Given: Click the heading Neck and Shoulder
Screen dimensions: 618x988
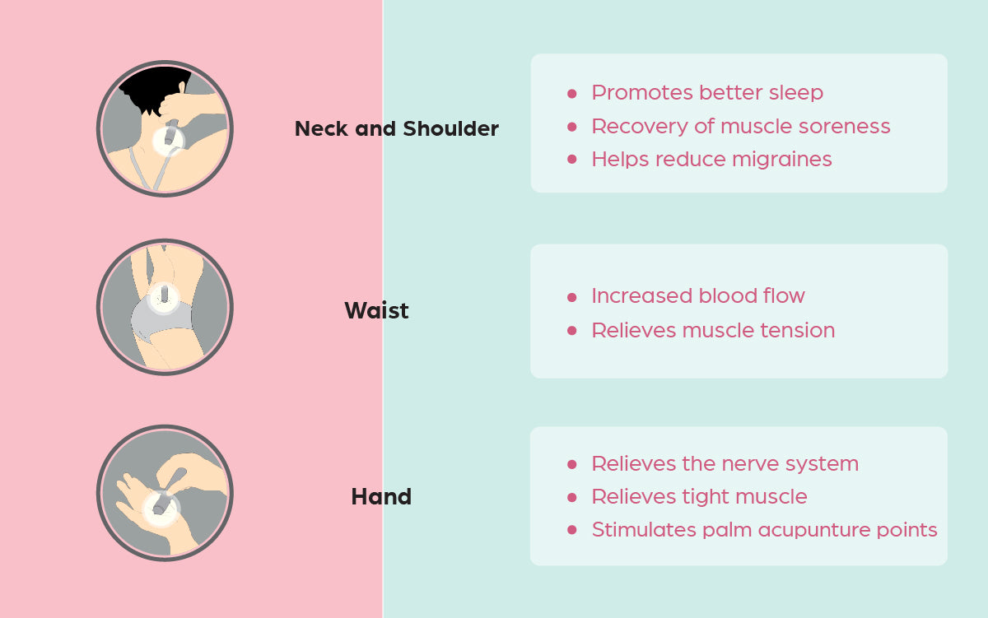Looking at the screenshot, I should point(396,129).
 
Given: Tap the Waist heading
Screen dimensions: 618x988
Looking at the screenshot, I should point(376,311).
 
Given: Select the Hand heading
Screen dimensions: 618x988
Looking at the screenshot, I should point(381,497).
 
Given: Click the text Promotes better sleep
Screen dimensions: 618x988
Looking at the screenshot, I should point(706,93).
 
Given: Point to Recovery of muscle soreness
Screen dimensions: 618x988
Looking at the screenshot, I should point(740,127).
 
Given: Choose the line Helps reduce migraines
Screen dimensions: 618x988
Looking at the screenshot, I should point(711,160).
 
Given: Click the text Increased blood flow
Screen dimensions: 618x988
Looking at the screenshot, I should point(697,296).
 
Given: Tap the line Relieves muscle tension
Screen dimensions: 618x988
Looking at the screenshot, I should point(712,331).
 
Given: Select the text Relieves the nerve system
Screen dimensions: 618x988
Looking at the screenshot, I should point(725,464).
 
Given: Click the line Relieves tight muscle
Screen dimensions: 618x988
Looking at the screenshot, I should point(699,497).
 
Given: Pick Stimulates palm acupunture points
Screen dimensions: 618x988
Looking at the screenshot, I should point(764,530).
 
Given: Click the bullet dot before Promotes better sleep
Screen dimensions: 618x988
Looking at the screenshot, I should point(572,94).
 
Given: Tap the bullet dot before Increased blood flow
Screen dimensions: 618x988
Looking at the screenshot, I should point(572,297).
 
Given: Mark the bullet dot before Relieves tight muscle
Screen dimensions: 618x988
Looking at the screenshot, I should point(572,498).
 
